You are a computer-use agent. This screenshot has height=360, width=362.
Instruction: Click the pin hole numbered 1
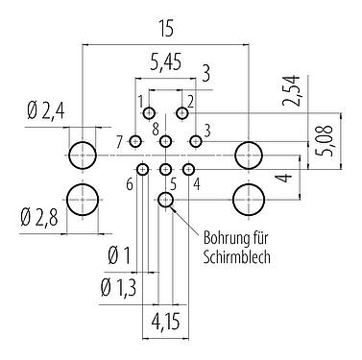pyautogui.click(x=150, y=114)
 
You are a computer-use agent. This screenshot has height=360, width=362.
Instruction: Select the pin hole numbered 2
pyautogui.click(x=182, y=114)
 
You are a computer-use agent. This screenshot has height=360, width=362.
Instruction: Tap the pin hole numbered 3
pyautogui.click(x=196, y=142)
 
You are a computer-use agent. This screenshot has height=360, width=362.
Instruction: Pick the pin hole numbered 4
pyautogui.click(x=188, y=170)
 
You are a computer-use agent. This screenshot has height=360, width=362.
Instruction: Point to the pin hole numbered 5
pyautogui.click(x=165, y=170)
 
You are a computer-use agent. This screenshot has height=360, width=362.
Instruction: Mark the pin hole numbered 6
pyautogui.click(x=142, y=170)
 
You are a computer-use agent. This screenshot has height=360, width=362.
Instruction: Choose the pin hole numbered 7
pyautogui.click(x=135, y=142)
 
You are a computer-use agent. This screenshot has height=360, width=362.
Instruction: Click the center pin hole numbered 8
pyautogui.click(x=166, y=142)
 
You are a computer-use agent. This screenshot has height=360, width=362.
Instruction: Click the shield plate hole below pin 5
pyautogui.click(x=166, y=200)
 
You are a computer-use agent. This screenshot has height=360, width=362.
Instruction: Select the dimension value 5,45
pyautogui.click(x=167, y=63)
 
